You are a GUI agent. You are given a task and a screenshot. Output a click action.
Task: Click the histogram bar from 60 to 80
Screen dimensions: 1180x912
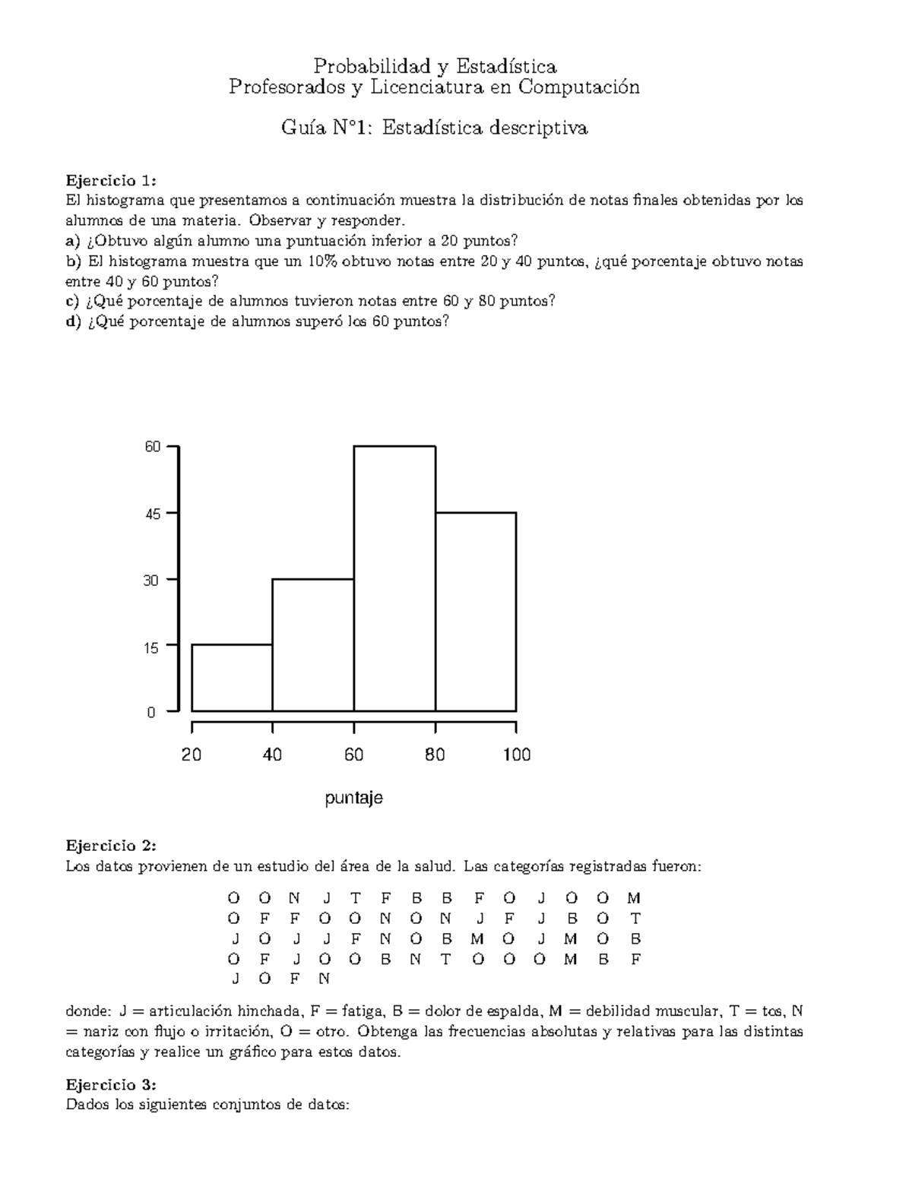(394, 578)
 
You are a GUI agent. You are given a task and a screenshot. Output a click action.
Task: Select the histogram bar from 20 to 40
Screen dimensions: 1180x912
(232, 678)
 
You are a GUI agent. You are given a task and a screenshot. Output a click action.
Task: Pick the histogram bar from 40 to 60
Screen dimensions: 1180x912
(313, 645)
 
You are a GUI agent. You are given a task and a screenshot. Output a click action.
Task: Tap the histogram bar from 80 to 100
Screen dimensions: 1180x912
(476, 612)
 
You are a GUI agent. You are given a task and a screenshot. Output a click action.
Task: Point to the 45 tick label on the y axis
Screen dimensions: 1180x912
(153, 514)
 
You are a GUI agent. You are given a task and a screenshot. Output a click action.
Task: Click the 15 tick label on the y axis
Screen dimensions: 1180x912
(153, 647)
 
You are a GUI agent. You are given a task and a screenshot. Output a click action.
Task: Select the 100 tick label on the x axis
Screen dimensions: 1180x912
(516, 755)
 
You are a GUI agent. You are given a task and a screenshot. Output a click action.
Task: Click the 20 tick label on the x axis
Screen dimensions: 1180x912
(192, 755)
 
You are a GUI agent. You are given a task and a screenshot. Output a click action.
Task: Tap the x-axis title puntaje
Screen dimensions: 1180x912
(353, 799)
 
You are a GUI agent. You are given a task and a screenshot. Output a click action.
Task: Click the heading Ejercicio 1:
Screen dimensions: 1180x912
(111, 181)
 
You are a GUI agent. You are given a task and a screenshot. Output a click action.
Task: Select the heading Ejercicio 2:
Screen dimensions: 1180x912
(111, 846)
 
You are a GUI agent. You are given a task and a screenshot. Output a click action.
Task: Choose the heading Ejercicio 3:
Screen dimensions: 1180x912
(111, 1084)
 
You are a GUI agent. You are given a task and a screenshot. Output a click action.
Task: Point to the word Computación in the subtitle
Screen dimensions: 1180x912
(579, 87)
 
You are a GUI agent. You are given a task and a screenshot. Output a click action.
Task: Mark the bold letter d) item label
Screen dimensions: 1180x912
(73, 321)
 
